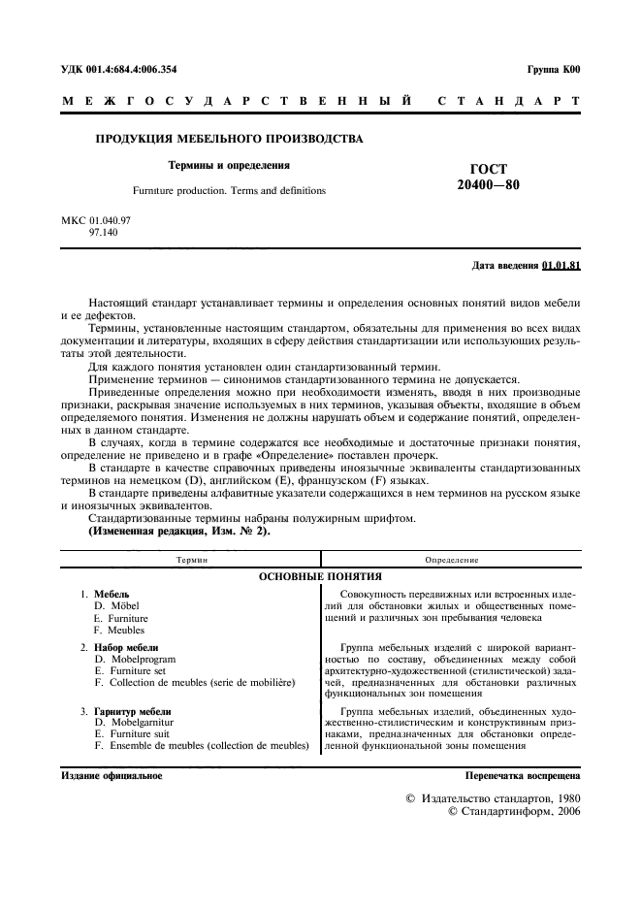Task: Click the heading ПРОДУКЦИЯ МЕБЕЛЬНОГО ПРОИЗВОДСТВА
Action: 229,139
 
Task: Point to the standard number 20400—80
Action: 488,185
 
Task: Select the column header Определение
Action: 452,560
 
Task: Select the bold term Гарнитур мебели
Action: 133,711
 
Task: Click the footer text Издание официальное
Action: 112,776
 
